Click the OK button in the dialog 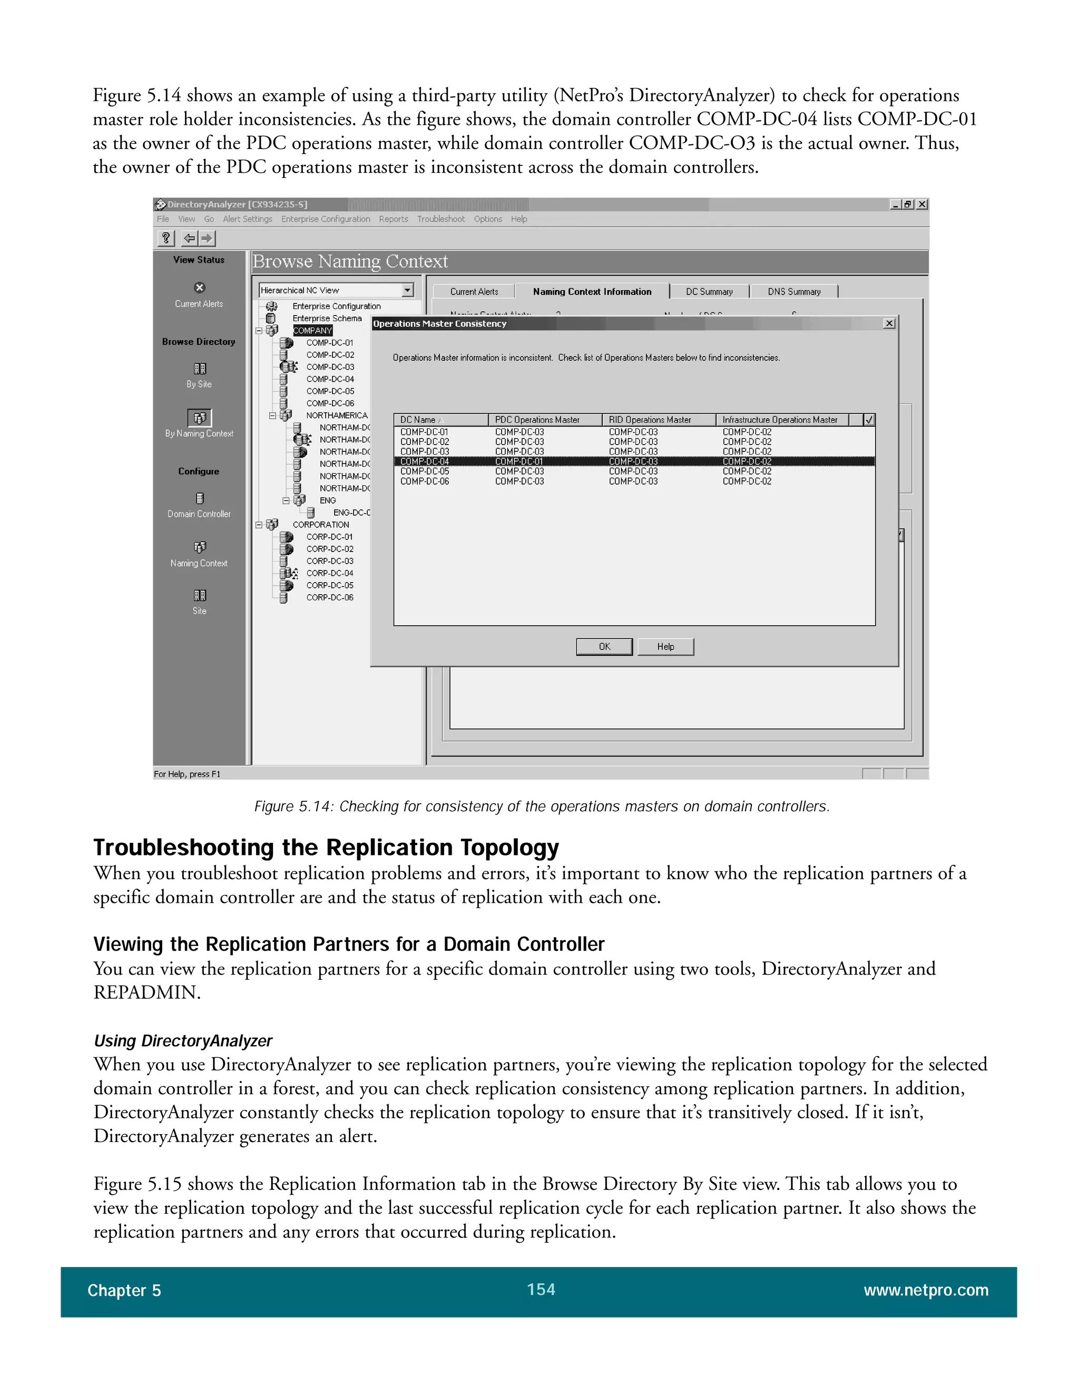(604, 646)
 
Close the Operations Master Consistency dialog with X (888, 323)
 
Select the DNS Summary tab (793, 291)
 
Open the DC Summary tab (709, 291)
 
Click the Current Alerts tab (474, 291)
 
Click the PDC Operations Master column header (537, 420)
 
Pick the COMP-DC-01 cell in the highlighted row (518, 461)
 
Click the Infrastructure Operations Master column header (779, 420)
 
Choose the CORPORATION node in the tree (320, 525)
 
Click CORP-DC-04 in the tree (329, 573)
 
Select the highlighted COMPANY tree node (312, 330)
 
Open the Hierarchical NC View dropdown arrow (407, 290)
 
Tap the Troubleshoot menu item (440, 219)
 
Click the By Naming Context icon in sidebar (200, 417)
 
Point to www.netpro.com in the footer (926, 1290)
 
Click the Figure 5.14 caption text (542, 806)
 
